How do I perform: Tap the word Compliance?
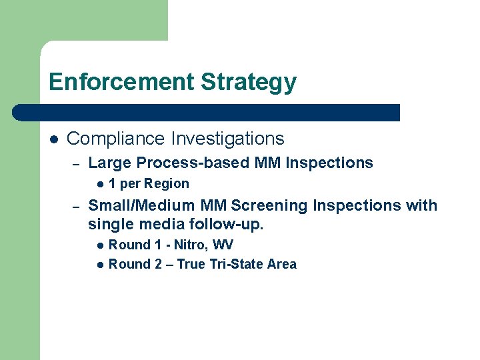click(x=115, y=139)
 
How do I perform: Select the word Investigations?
click(x=227, y=139)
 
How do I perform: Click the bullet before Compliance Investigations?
click(x=54, y=139)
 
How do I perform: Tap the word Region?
click(x=167, y=184)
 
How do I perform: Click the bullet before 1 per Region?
click(x=99, y=184)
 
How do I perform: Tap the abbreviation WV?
click(x=223, y=245)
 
